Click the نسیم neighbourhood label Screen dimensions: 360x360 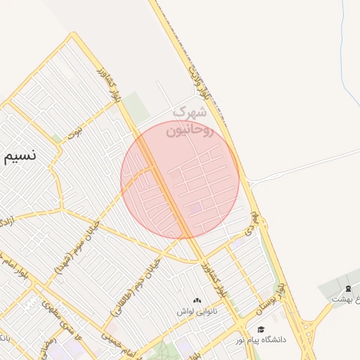coord(28,157)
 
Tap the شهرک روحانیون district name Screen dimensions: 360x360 coord(188,121)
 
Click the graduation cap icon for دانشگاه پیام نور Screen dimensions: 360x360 coord(262,330)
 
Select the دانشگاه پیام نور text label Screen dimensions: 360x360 coord(262,340)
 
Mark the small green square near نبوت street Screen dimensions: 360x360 coord(57,139)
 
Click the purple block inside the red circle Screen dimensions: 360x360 coord(195,208)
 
